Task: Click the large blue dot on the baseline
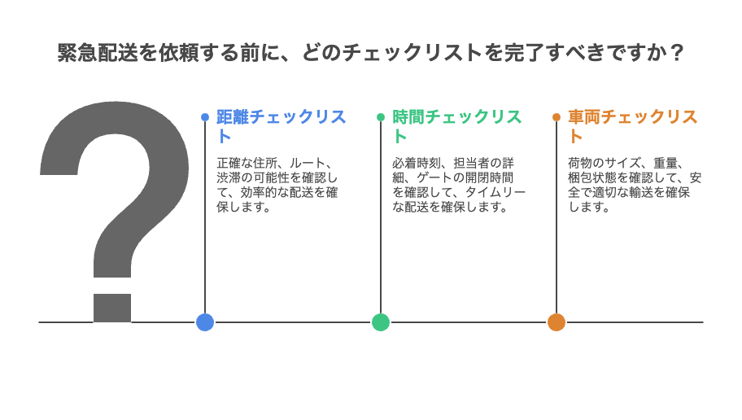[205, 322]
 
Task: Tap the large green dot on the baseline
[381, 322]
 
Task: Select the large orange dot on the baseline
[556, 322]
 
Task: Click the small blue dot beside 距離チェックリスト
[205, 117]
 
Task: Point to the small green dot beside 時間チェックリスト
[381, 117]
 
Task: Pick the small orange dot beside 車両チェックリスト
[556, 117]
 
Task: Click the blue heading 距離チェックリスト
[282, 126]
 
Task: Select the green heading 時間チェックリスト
[457, 126]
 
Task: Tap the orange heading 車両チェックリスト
[633, 126]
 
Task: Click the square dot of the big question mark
[112, 308]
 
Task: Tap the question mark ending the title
[677, 53]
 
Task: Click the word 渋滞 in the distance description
[229, 178]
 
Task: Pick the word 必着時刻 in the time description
[417, 164]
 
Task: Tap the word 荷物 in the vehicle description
[580, 164]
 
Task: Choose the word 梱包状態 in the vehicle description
[592, 178]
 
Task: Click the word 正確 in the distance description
[229, 164]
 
